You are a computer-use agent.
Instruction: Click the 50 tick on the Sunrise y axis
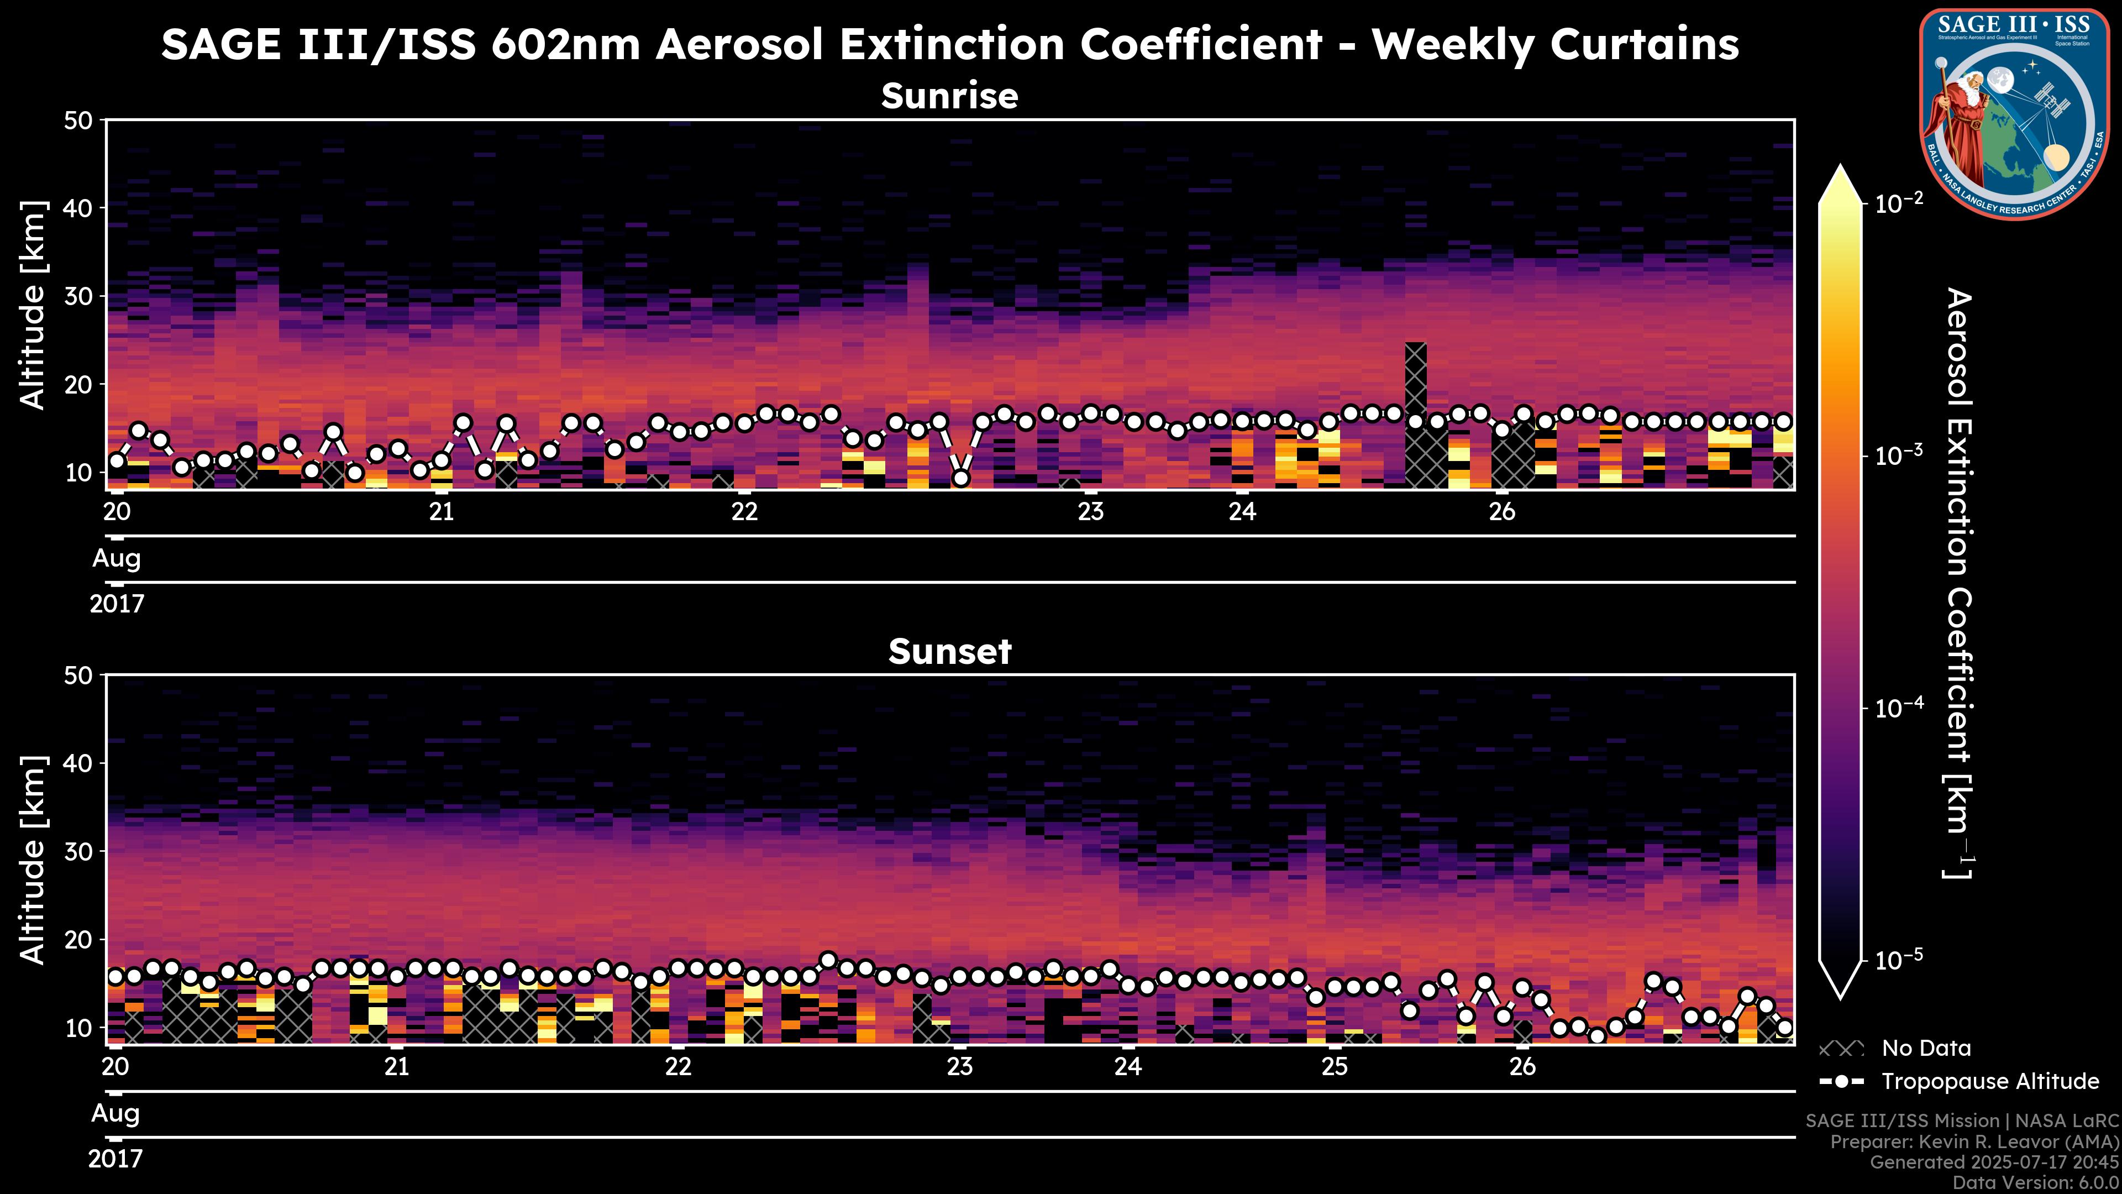click(81, 121)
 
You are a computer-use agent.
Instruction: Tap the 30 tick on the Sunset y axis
click(81, 851)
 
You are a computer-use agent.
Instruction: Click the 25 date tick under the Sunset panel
click(1335, 1067)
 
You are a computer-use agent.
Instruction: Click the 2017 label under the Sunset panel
click(115, 1159)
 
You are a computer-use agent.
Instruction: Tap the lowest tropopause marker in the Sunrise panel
click(960, 478)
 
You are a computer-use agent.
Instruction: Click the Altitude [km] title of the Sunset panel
click(33, 860)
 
